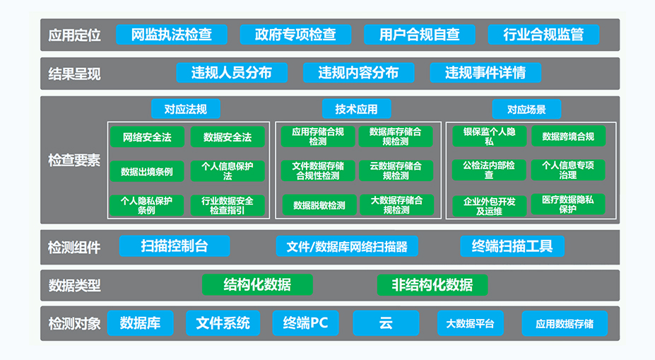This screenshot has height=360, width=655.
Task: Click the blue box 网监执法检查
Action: coord(172,34)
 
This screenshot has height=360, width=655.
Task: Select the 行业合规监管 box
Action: coord(543,34)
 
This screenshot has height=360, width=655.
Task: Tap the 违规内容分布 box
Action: coord(358,73)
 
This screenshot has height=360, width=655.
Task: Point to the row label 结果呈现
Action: coord(74,74)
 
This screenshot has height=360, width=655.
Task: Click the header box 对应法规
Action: coord(185,109)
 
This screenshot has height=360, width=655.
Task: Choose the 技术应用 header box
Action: coord(356,109)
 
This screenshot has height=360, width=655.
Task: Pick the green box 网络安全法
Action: coord(147,137)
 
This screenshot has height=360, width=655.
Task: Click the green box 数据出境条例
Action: coord(147,171)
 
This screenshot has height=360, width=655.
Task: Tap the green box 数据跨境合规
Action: coord(568,137)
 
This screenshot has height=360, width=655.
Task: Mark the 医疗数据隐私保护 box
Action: coord(567,204)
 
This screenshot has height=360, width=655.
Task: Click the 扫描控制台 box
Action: coord(175,246)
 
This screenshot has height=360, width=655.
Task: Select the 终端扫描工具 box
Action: coord(512,246)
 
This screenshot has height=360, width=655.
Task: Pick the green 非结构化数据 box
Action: coord(432,285)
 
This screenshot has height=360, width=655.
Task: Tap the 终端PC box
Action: coord(305,323)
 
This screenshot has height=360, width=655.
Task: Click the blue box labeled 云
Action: coord(386,323)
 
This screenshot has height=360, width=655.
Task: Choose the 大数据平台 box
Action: coord(471,323)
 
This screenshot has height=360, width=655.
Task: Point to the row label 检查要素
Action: coord(74,160)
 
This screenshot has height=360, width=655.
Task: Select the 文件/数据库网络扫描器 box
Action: coord(347,246)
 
